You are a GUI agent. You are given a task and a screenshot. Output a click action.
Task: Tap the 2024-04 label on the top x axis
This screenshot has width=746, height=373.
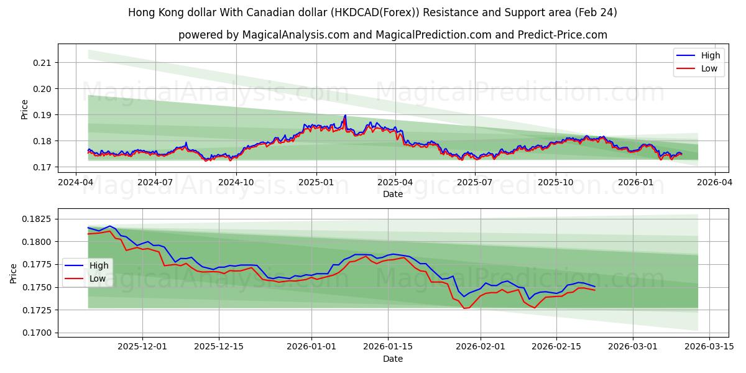(76, 182)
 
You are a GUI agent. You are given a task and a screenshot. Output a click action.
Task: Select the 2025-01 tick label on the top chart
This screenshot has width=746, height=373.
(316, 182)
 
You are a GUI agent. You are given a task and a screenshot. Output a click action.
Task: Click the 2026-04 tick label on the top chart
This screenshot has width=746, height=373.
(714, 182)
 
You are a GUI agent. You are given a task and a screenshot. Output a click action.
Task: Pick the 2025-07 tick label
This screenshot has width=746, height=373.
(476, 182)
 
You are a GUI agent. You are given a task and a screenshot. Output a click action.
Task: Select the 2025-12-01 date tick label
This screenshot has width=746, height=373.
(142, 347)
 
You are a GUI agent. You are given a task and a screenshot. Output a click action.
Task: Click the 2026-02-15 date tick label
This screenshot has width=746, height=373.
(556, 347)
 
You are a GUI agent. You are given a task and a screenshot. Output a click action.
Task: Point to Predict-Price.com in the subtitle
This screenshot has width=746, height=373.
(563, 35)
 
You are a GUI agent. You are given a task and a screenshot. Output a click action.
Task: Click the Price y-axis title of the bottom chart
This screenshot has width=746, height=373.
(13, 273)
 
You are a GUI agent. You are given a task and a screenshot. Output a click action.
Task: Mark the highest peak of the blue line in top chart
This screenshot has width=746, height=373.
(345, 115)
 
